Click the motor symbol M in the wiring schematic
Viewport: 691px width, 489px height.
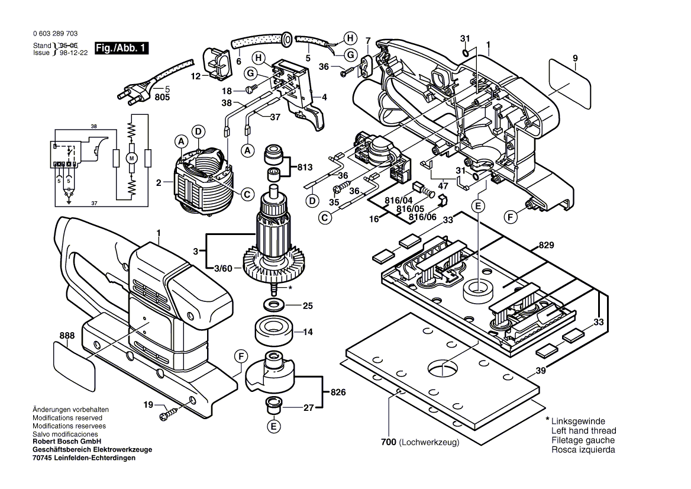(x=133, y=158)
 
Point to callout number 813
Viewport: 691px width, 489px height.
(x=304, y=167)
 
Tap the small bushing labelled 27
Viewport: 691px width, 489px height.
(x=273, y=406)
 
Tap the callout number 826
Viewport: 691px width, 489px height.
(x=338, y=393)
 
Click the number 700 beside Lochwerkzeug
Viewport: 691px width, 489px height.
(x=389, y=442)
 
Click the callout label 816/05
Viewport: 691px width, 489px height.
(x=412, y=209)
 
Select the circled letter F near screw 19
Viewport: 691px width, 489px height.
(x=240, y=356)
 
